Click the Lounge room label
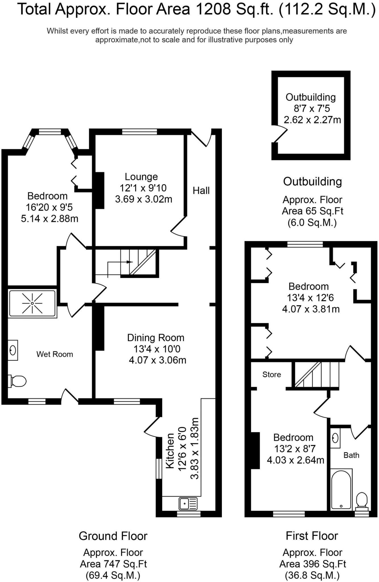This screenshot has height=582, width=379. [141, 177]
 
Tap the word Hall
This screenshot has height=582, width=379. [201, 190]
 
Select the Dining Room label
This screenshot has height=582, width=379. [156, 338]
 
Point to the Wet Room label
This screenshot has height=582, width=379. [55, 354]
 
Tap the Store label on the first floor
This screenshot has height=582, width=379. [272, 375]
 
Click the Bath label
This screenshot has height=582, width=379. [351, 455]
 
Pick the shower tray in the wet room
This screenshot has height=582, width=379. [32, 304]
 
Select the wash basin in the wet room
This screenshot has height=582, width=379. [13, 350]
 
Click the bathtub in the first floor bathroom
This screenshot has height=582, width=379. [341, 489]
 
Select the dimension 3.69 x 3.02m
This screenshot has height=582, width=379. [143, 199]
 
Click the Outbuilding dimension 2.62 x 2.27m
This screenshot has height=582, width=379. [312, 120]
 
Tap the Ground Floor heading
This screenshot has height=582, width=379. [113, 536]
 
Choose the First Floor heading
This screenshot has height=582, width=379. [312, 536]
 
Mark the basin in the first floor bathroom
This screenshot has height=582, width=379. [335, 438]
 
